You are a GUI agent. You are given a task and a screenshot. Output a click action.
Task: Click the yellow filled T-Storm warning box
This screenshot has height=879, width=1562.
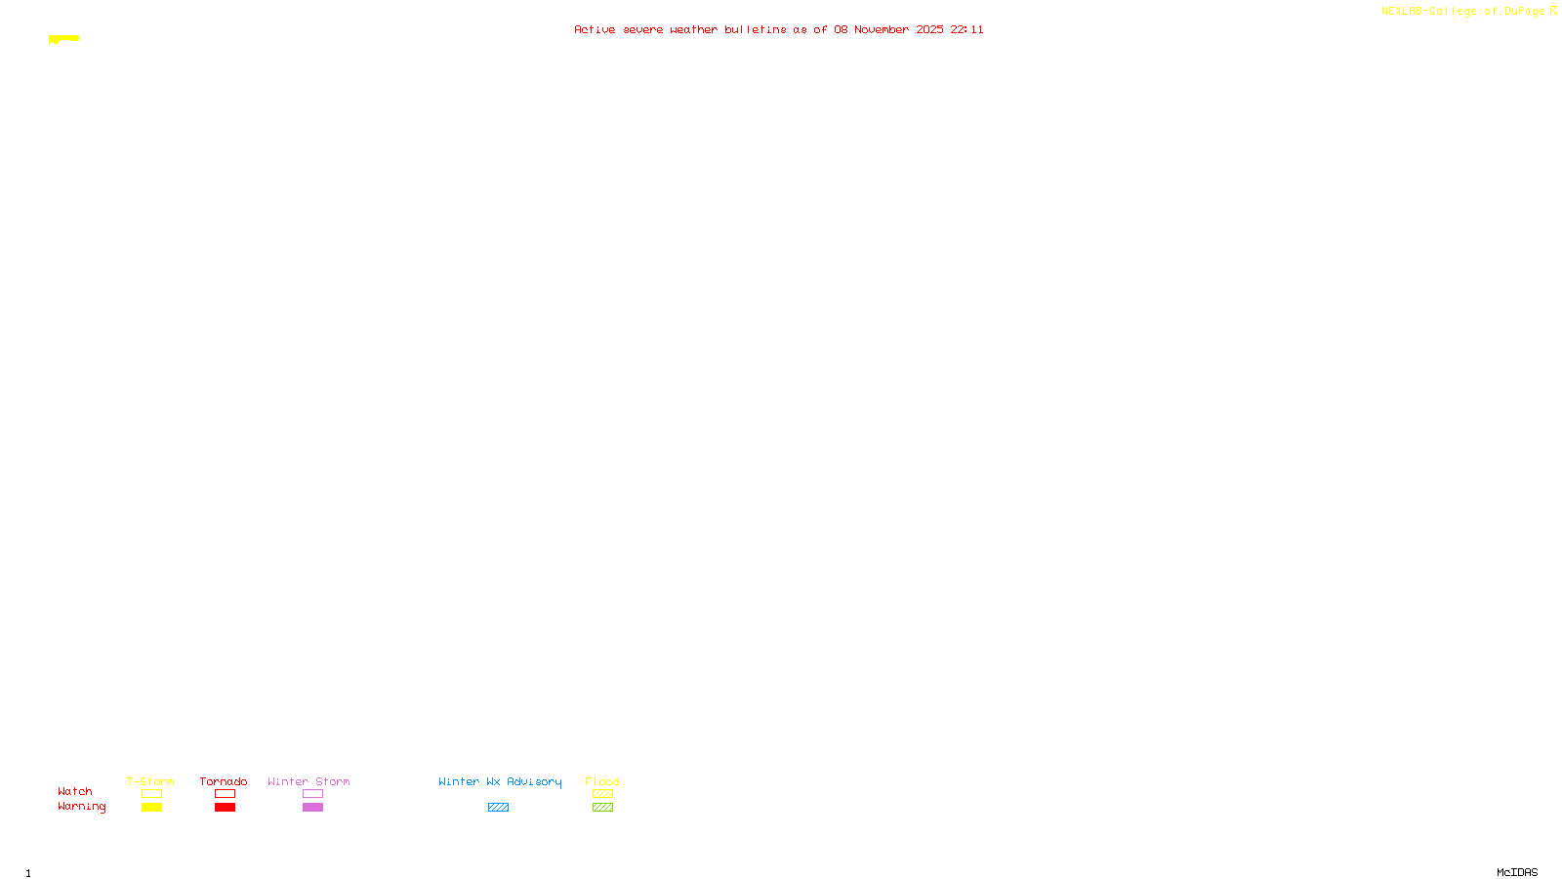[x=151, y=808]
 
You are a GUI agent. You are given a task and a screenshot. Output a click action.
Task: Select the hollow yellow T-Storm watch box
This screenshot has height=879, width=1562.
[x=151, y=794]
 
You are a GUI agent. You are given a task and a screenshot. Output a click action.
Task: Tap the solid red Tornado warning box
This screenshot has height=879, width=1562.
[x=225, y=808]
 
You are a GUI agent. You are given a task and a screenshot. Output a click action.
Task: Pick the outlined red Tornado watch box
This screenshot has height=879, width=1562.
[x=225, y=794]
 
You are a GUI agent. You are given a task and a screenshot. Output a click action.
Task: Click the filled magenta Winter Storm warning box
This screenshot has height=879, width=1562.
[x=312, y=808]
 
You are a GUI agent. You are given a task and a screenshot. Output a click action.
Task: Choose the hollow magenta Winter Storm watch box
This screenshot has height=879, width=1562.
[x=312, y=794]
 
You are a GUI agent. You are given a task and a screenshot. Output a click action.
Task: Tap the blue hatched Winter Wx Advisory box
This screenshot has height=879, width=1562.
[x=498, y=808]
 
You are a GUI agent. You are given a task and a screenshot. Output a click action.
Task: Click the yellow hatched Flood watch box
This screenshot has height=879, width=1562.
[x=602, y=794]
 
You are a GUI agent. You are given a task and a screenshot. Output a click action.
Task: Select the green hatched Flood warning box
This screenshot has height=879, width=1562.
[x=602, y=808]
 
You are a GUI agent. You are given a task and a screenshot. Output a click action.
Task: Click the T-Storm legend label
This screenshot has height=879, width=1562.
[x=150, y=781]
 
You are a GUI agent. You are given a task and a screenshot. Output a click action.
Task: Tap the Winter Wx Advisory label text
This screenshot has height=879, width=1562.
[x=500, y=781]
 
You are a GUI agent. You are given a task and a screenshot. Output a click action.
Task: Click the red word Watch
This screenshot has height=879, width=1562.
[x=75, y=792]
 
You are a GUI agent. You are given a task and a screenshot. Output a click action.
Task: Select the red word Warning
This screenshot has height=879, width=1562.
[x=81, y=807]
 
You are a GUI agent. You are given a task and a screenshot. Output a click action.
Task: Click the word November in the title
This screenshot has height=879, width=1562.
[x=882, y=30]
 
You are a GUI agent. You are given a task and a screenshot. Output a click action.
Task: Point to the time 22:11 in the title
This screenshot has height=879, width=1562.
[x=967, y=30]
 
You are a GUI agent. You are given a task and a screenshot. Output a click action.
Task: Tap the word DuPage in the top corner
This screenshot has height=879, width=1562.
[x=1524, y=12]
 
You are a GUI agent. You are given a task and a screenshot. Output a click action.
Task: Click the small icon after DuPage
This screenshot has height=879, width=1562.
[x=1553, y=11]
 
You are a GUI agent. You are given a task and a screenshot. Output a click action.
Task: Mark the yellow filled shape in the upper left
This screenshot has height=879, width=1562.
[x=64, y=39]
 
